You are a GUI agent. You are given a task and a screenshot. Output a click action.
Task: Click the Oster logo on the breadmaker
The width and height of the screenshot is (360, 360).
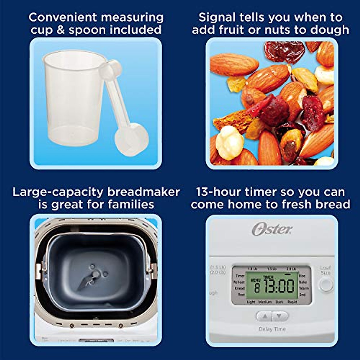tap(272, 229)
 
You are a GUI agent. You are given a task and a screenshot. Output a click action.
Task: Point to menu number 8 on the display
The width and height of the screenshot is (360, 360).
tap(257, 288)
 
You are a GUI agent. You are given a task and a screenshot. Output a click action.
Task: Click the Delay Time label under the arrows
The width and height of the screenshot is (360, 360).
tap(272, 329)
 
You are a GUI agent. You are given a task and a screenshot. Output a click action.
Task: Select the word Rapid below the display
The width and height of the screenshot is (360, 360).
tap(292, 302)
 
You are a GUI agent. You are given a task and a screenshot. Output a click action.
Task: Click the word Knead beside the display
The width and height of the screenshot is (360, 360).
tap(239, 288)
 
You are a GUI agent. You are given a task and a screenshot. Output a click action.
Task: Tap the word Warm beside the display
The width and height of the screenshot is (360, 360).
tap(304, 288)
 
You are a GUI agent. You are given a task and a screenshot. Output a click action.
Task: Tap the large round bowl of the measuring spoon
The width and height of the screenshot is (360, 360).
tap(132, 140)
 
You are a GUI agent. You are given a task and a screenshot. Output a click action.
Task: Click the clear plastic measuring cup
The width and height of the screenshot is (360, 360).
tap(72, 99)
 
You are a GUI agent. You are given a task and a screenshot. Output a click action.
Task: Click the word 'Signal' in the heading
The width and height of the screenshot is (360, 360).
tap(217, 17)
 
